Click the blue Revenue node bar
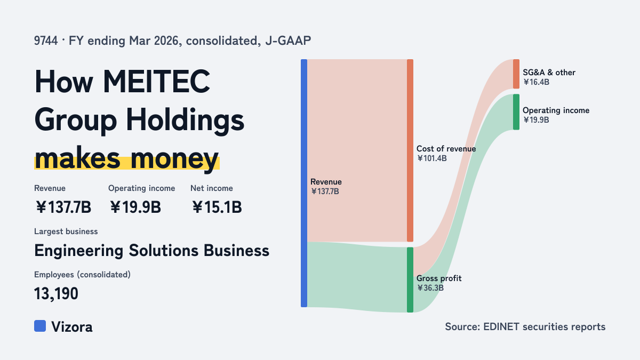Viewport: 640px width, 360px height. (x=304, y=183)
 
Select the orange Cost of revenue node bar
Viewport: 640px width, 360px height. (x=410, y=150)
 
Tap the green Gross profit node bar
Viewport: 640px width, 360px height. (x=410, y=279)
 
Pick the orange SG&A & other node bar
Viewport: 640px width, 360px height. (x=516, y=74)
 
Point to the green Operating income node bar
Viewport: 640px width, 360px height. (x=516, y=112)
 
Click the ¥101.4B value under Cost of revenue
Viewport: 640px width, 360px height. (x=431, y=158)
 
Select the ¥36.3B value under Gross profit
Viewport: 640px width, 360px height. (x=430, y=287)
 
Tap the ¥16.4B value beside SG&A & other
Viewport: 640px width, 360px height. (x=536, y=82)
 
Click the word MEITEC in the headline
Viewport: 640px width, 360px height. (x=156, y=82)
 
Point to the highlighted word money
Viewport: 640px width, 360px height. (x=174, y=159)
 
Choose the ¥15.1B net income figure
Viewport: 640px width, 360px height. (x=217, y=207)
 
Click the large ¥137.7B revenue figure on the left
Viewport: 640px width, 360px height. (x=63, y=207)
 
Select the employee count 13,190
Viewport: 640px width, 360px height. (x=56, y=294)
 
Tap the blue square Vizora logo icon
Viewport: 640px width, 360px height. (x=40, y=326)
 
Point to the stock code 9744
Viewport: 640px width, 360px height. (x=46, y=41)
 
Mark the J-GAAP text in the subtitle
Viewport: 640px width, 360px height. (x=288, y=41)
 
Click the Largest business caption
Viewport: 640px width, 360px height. (x=66, y=231)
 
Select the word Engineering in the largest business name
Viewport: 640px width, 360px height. (x=79, y=251)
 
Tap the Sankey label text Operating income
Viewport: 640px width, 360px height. (x=556, y=110)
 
